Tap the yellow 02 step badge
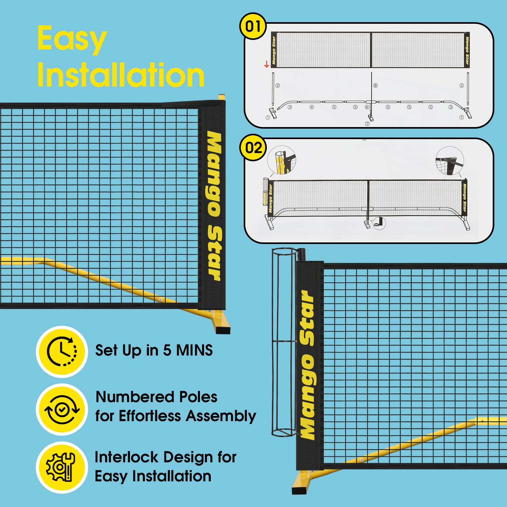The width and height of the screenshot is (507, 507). pyautogui.click(x=253, y=148)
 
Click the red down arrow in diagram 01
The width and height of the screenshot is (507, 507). pyautogui.click(x=266, y=64)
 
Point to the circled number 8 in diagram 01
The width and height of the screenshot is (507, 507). pyautogui.click(x=375, y=86)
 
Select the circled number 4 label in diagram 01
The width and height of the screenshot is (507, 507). pyautogui.click(x=312, y=107)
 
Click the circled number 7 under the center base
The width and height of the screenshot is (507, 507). pyautogui.click(x=367, y=124)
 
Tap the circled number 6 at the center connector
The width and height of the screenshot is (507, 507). pyautogui.click(x=367, y=107)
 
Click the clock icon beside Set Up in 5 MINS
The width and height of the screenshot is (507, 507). pyautogui.click(x=62, y=351)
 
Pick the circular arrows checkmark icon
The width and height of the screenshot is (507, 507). pyautogui.click(x=62, y=409)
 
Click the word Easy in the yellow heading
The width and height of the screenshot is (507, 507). pyautogui.click(x=72, y=39)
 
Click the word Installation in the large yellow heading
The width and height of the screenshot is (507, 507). pyautogui.click(x=121, y=75)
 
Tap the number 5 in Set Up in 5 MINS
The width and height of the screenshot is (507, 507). pyautogui.click(x=167, y=350)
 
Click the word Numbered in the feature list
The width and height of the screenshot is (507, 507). pyautogui.click(x=135, y=397)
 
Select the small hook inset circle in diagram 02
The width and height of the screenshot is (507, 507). pyautogui.click(x=379, y=223)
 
